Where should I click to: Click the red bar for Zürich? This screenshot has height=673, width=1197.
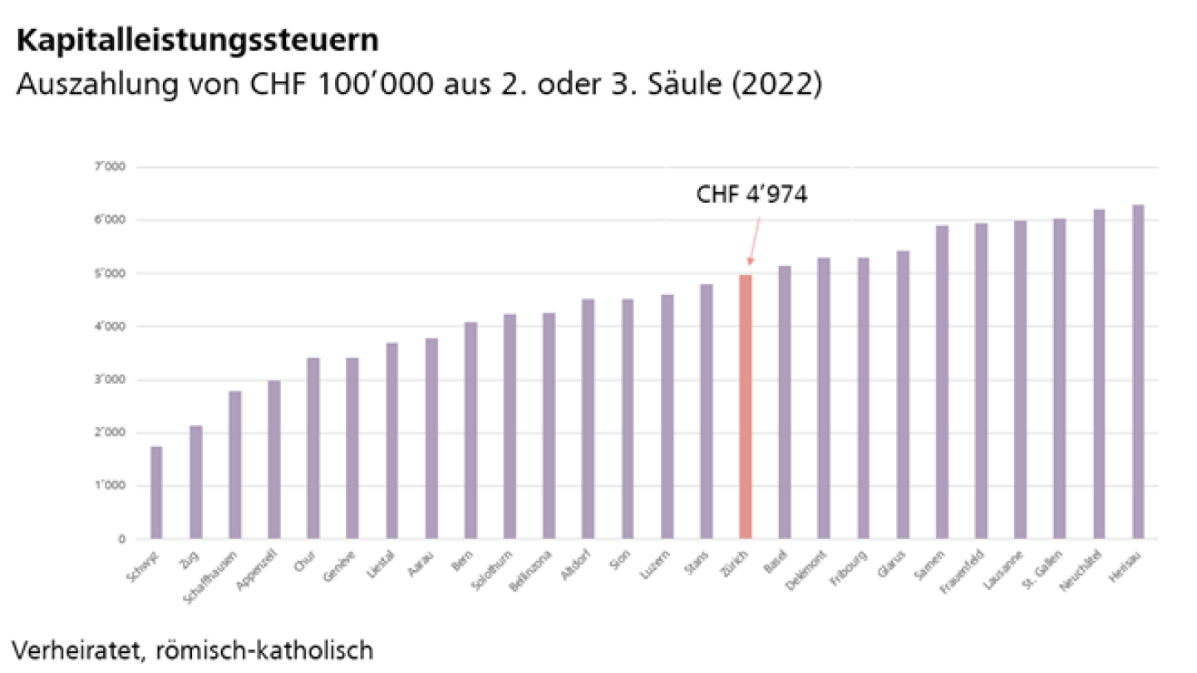click(x=745, y=407)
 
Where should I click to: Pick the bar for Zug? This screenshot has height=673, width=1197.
click(x=195, y=482)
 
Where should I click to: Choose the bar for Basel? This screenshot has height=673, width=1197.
click(x=784, y=402)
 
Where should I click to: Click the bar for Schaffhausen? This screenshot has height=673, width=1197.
click(x=234, y=464)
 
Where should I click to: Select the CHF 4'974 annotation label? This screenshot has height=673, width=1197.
click(x=751, y=196)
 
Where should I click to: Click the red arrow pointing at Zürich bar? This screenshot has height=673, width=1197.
click(x=753, y=241)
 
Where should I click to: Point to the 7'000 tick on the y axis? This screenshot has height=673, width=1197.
click(x=110, y=167)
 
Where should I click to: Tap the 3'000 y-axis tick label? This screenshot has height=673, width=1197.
click(x=110, y=380)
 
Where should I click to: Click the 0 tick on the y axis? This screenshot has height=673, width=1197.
click(x=121, y=539)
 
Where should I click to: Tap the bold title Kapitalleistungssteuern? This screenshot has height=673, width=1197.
click(x=197, y=40)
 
